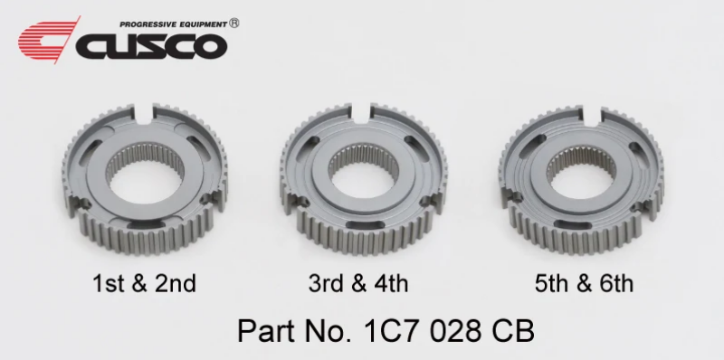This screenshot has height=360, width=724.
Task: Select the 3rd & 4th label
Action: [357, 283]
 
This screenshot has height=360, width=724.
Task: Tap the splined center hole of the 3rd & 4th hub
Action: [360, 172]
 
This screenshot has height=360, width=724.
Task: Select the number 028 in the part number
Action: [450, 330]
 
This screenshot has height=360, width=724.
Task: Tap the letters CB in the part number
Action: [510, 330]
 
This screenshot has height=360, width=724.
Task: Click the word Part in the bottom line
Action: [263, 330]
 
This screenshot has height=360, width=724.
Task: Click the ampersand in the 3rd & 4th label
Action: [357, 283]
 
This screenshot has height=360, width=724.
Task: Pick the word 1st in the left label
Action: [108, 283]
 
